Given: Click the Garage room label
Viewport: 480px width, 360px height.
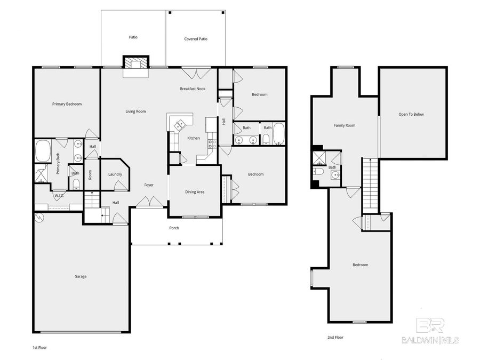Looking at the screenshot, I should pos(80,276).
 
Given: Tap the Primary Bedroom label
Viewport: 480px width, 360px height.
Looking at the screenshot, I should pos(67,104).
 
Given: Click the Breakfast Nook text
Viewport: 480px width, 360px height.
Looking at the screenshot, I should pos(193,89).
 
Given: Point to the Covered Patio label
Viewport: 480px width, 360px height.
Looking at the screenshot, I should pos(195,39).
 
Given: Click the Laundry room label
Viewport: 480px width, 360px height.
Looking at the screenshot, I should pos(115,174).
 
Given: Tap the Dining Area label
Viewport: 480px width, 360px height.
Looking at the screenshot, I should pos(194,192).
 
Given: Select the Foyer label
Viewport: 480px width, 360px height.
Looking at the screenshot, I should pos(149,185).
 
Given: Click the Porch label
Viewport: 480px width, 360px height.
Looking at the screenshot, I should pos(174,228).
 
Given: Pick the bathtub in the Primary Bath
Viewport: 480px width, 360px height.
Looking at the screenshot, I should pos(43,151).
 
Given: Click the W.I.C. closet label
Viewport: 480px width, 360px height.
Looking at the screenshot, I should pos(59,195).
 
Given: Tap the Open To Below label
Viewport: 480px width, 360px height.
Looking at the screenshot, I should pos(411,114).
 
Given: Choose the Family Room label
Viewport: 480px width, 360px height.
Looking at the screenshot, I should pos(344,125).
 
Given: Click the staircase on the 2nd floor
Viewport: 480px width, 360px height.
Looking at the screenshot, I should pos(370,184).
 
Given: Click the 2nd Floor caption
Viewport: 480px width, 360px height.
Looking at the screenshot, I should pos(335,338).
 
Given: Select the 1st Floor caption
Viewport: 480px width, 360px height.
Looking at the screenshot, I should pos(41,347).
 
